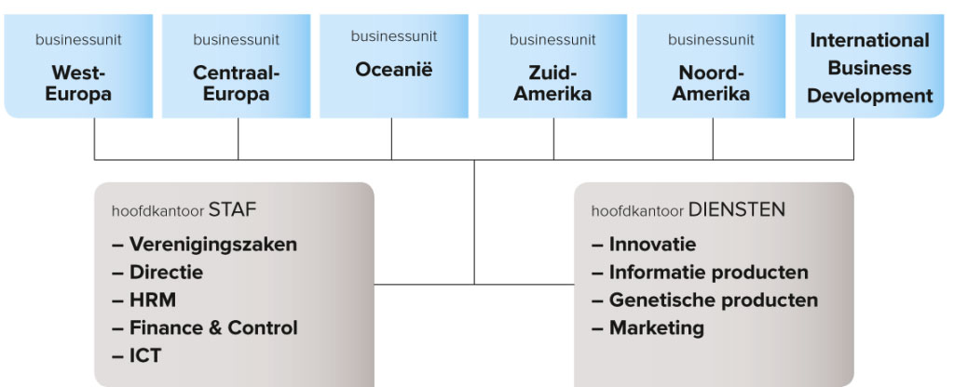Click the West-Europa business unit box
tap(78, 66)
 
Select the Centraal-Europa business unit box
tap(236, 66)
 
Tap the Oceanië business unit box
tap(394, 66)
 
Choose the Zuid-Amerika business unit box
tap(552, 66)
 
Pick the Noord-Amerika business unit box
tap(711, 66)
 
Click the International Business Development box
tap(869, 66)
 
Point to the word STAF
tap(232, 210)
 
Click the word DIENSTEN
tap(736, 210)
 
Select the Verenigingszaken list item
tap(204, 245)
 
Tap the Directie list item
tap(157, 273)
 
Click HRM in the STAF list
tap(144, 300)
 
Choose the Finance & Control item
tap(205, 328)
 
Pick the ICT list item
tap(137, 356)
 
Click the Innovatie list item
tap(644, 245)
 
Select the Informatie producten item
tap(700, 273)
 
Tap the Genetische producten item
tap(704, 300)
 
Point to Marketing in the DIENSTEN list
tap(648, 328)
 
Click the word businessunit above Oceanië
tap(394, 36)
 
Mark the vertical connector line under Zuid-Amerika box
tap(553, 140)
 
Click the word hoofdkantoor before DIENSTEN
tap(637, 211)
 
